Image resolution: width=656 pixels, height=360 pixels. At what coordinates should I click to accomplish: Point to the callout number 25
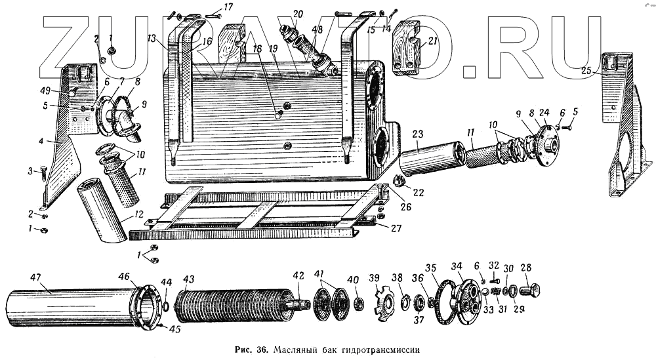click(x=586, y=71)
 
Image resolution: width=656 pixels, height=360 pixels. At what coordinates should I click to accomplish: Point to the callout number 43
click(x=188, y=280)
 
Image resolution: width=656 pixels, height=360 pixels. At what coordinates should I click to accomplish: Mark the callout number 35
click(x=430, y=268)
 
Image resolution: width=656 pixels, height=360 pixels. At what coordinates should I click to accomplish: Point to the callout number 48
click(x=318, y=30)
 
